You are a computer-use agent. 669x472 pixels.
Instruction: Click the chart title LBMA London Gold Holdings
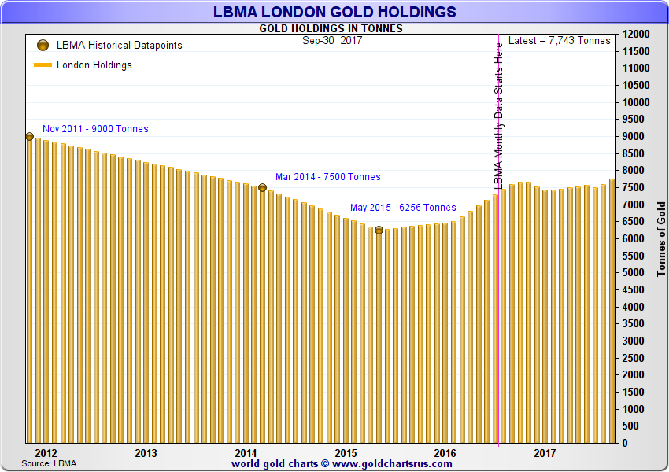pyautogui.click(x=334, y=12)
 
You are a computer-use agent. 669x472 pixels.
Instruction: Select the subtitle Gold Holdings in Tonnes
pyautogui.click(x=331, y=28)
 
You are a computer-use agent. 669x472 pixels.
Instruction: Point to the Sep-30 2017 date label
pyautogui.click(x=331, y=40)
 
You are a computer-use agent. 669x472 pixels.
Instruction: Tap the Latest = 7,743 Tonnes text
pyautogui.click(x=559, y=40)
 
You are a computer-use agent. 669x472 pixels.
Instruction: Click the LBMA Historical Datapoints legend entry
pyautogui.click(x=119, y=46)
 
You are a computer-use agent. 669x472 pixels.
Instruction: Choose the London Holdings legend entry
pyautogui.click(x=94, y=65)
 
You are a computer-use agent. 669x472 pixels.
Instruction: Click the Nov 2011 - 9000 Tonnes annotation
pyautogui.click(x=95, y=129)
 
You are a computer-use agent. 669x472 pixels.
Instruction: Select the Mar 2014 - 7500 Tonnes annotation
pyautogui.click(x=327, y=177)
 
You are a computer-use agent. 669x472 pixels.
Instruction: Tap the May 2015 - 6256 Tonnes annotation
pyautogui.click(x=403, y=208)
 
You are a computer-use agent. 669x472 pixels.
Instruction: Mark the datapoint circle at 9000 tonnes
pyautogui.click(x=29, y=136)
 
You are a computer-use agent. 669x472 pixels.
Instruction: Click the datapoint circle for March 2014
pyautogui.click(x=262, y=187)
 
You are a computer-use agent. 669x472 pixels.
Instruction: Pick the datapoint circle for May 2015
pyautogui.click(x=379, y=230)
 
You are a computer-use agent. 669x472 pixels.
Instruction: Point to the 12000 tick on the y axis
pyautogui.click(x=635, y=35)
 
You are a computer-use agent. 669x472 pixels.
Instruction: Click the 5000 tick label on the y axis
pyautogui.click(x=635, y=273)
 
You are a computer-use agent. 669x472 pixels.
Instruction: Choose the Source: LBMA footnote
pyautogui.click(x=49, y=464)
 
